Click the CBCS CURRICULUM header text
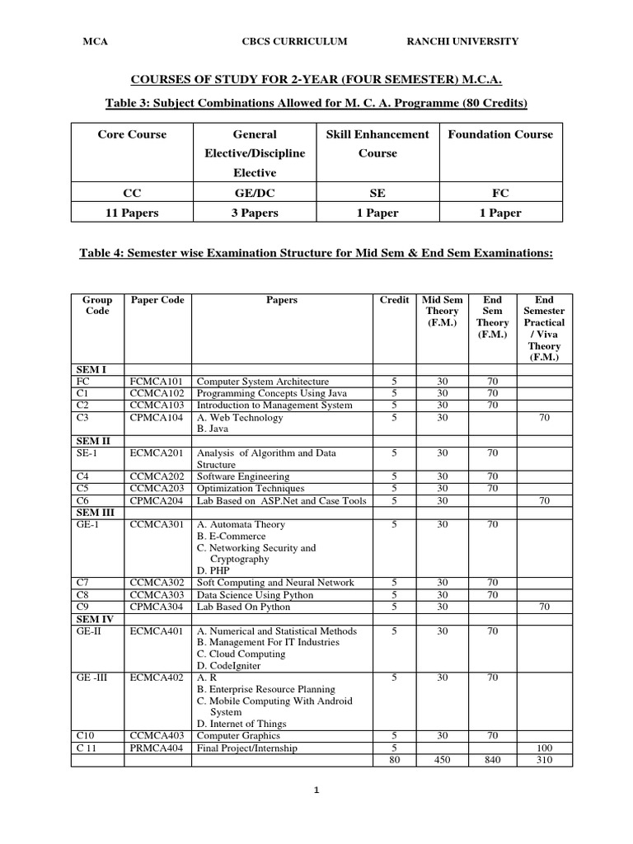tap(294, 41)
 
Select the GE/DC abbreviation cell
tap(255, 193)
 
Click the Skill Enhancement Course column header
tap(377, 143)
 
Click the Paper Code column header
tap(157, 300)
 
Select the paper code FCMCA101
tap(157, 382)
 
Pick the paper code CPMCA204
tap(157, 500)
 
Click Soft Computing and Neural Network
tap(275, 583)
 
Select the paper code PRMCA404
tap(157, 748)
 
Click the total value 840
tap(492, 760)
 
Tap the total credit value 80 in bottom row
tap(394, 760)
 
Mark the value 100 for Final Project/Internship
tap(545, 748)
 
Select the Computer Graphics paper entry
tap(238, 736)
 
